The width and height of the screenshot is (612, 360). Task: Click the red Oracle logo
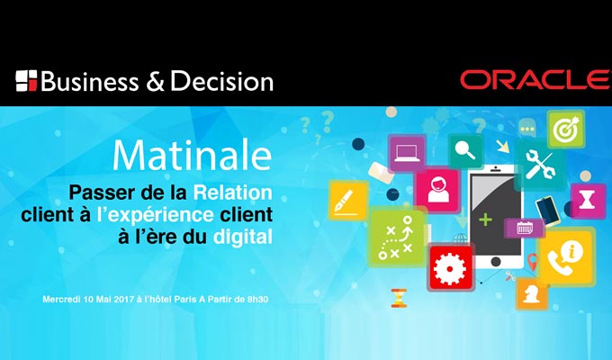pyautogui.click(x=535, y=80)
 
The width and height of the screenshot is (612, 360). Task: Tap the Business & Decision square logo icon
pyautogui.click(x=26, y=81)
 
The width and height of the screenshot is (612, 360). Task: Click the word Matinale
pyautogui.click(x=192, y=155)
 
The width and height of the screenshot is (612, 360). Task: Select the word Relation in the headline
pyautogui.click(x=232, y=193)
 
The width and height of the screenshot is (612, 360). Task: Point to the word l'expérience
pyautogui.click(x=155, y=215)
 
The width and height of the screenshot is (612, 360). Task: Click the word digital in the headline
pyautogui.click(x=242, y=237)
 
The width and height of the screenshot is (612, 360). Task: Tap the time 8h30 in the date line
pyautogui.click(x=257, y=300)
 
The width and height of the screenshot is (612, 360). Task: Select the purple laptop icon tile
pyautogui.click(x=407, y=153)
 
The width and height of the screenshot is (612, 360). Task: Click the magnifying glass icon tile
pyautogui.click(x=465, y=150)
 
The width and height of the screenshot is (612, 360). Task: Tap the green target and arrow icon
pyautogui.click(x=565, y=129)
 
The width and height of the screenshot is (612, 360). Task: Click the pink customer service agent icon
pyautogui.click(x=437, y=190)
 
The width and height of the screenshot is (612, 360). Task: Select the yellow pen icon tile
pyautogui.click(x=348, y=200)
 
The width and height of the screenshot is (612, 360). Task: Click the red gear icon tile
pyautogui.click(x=450, y=268)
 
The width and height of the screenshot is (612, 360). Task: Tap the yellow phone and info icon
pyautogui.click(x=567, y=256)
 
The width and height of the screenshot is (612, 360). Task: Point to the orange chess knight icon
pyautogui.click(x=532, y=293)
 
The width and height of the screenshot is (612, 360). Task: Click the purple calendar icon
pyautogui.click(x=524, y=228)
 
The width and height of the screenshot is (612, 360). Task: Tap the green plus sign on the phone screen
pyautogui.click(x=485, y=220)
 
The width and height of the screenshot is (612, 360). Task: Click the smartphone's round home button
pyautogui.click(x=496, y=261)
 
